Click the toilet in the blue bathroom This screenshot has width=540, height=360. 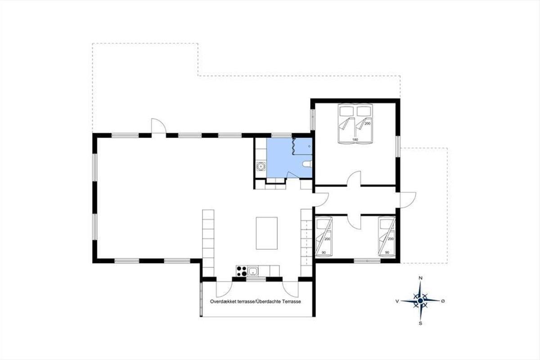tap(307, 164)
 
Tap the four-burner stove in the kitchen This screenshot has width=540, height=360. tap(242, 271)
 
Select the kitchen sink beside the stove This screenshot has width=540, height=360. tap(253, 271)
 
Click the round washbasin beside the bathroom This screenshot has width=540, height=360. tap(261, 166)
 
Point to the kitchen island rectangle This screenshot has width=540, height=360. tap(266, 233)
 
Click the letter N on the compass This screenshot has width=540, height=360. tap(421, 278)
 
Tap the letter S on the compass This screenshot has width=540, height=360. tap(420, 324)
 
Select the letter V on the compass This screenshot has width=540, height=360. tap(397, 301)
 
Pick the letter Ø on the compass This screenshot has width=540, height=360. tap(443, 301)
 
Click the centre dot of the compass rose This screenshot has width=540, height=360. tap(420, 301)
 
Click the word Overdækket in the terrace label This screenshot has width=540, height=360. tap(223, 301)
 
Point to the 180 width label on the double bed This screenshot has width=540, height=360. tap(355, 139)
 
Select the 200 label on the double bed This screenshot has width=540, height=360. tap(367, 123)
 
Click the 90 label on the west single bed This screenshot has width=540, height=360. tap(324, 252)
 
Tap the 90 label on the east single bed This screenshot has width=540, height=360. tap(387, 252)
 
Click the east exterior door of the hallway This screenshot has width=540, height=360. tap(408, 200)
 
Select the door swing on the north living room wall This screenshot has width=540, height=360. tap(158, 126)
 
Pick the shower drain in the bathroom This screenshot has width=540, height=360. tap(309, 146)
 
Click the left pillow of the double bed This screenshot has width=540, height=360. tap(346, 111)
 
